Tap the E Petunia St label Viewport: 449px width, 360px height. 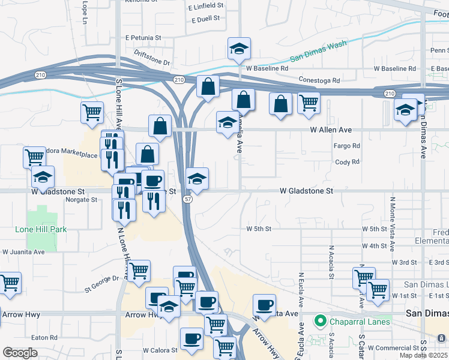tap(143, 37)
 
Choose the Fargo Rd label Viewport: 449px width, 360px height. tap(347, 146)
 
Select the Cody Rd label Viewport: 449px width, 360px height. tap(347, 162)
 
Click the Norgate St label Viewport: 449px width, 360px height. tap(82, 200)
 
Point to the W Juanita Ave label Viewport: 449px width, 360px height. tap(23, 252)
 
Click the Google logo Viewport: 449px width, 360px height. tap(20, 353)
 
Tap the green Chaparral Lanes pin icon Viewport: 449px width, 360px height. tap(321, 322)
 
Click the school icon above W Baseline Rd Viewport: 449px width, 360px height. tap(240, 50)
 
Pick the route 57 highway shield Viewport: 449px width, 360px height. tap(188, 199)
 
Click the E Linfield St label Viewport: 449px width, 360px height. tap(205, 7)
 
